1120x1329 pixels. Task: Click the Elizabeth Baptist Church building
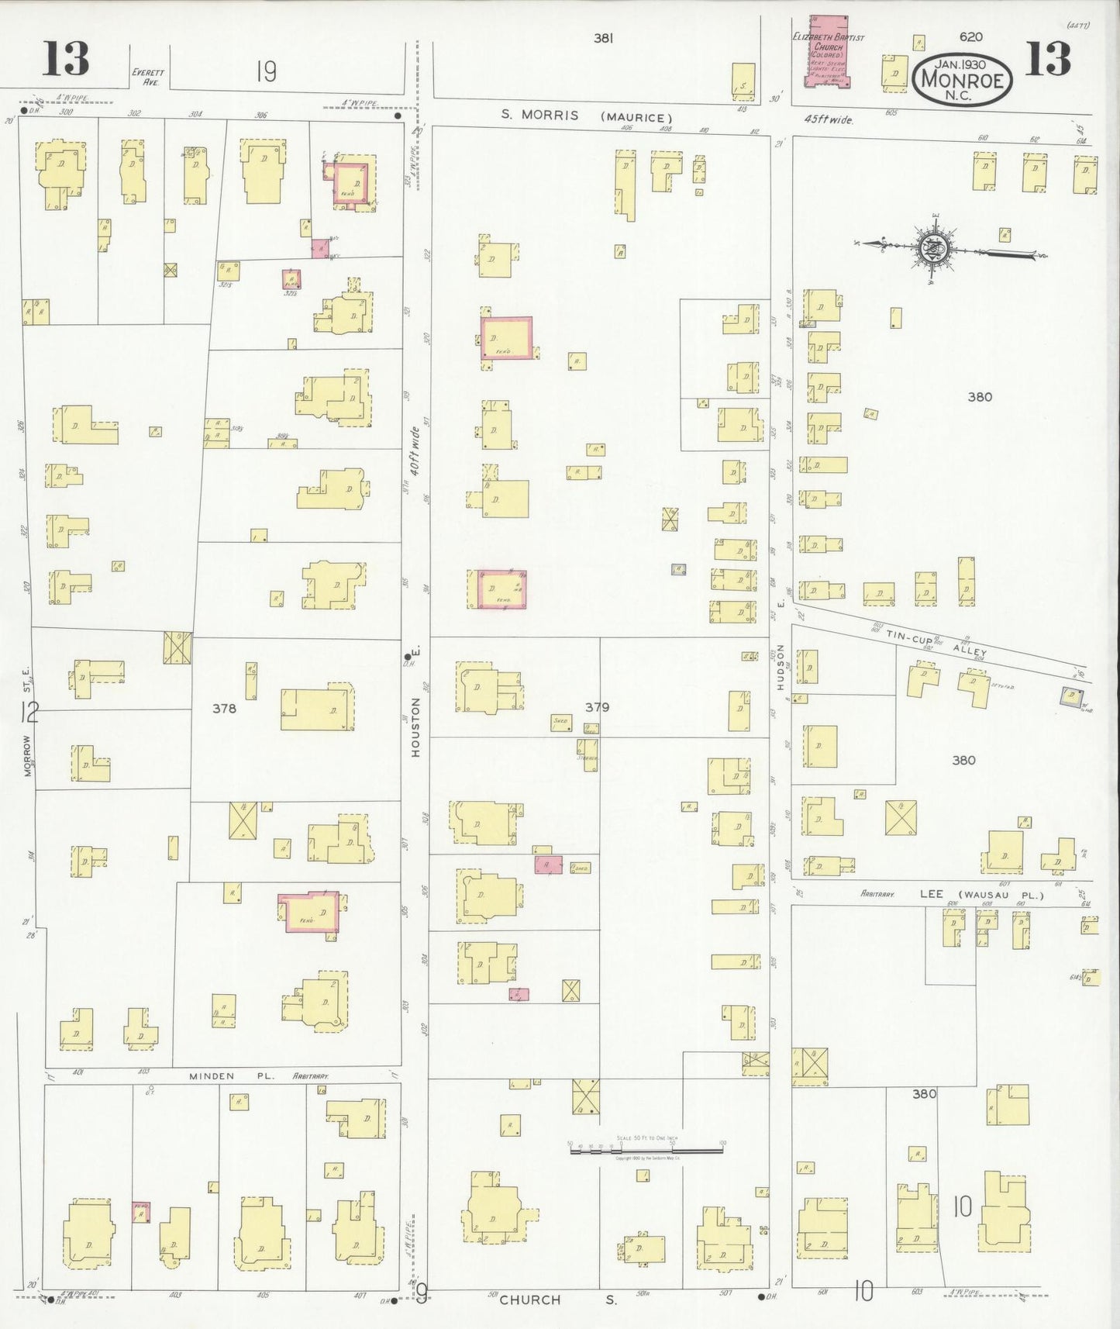click(827, 51)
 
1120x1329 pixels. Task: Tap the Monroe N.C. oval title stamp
click(962, 78)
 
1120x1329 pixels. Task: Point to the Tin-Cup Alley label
click(937, 643)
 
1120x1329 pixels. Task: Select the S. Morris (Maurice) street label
click(584, 116)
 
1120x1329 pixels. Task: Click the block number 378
click(224, 708)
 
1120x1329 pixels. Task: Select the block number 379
click(597, 707)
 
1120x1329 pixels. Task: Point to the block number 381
click(604, 37)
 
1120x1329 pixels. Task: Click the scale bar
click(646, 1150)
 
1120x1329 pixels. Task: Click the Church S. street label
click(557, 1299)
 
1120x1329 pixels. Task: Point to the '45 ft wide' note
click(828, 120)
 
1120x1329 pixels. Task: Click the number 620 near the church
click(970, 36)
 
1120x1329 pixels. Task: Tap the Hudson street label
click(781, 667)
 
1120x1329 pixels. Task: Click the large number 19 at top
click(266, 72)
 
